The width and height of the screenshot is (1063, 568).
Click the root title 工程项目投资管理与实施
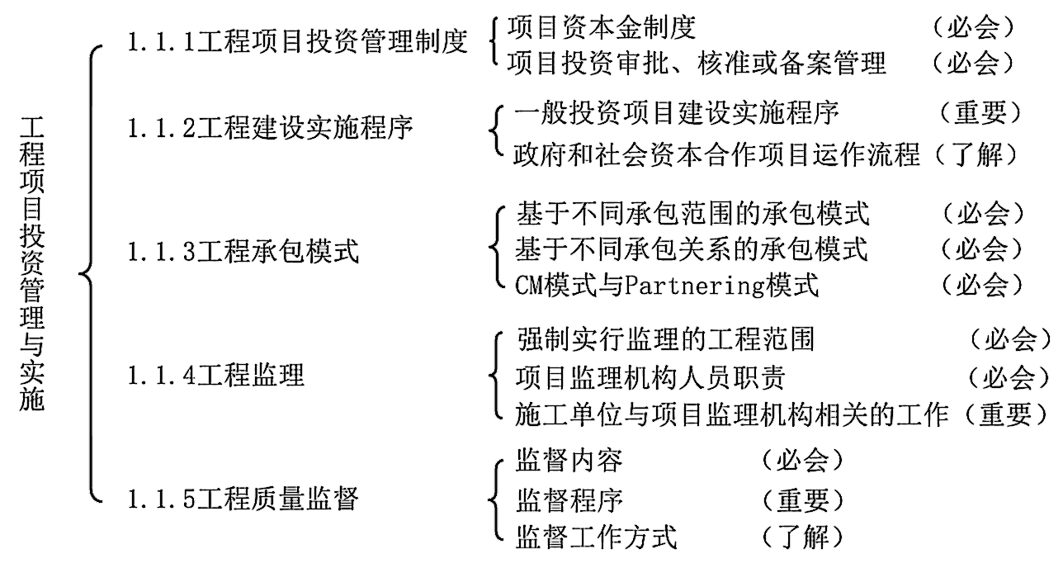coord(32,263)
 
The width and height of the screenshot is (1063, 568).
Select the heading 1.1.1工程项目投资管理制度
coord(298,42)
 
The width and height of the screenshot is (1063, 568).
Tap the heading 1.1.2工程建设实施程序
coord(271,128)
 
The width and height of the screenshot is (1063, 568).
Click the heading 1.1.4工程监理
coord(216,376)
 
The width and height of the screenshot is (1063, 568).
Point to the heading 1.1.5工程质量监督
coord(243,499)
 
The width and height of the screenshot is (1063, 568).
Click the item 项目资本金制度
coord(602,27)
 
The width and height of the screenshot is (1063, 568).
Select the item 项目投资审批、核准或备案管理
coord(697,63)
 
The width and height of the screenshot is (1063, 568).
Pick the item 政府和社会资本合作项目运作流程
coord(716,154)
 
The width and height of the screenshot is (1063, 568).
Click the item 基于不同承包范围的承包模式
coord(692,214)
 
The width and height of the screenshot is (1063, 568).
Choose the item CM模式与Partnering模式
coord(667,286)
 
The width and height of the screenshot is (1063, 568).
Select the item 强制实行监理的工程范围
coord(665,338)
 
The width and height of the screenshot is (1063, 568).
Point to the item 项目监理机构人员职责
coord(650,378)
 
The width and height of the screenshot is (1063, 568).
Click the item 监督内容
coord(569,460)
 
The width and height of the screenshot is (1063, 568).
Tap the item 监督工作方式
coord(596,538)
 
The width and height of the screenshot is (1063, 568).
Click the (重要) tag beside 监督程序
coord(802,499)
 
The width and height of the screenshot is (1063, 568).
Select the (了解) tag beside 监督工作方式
coord(802,538)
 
